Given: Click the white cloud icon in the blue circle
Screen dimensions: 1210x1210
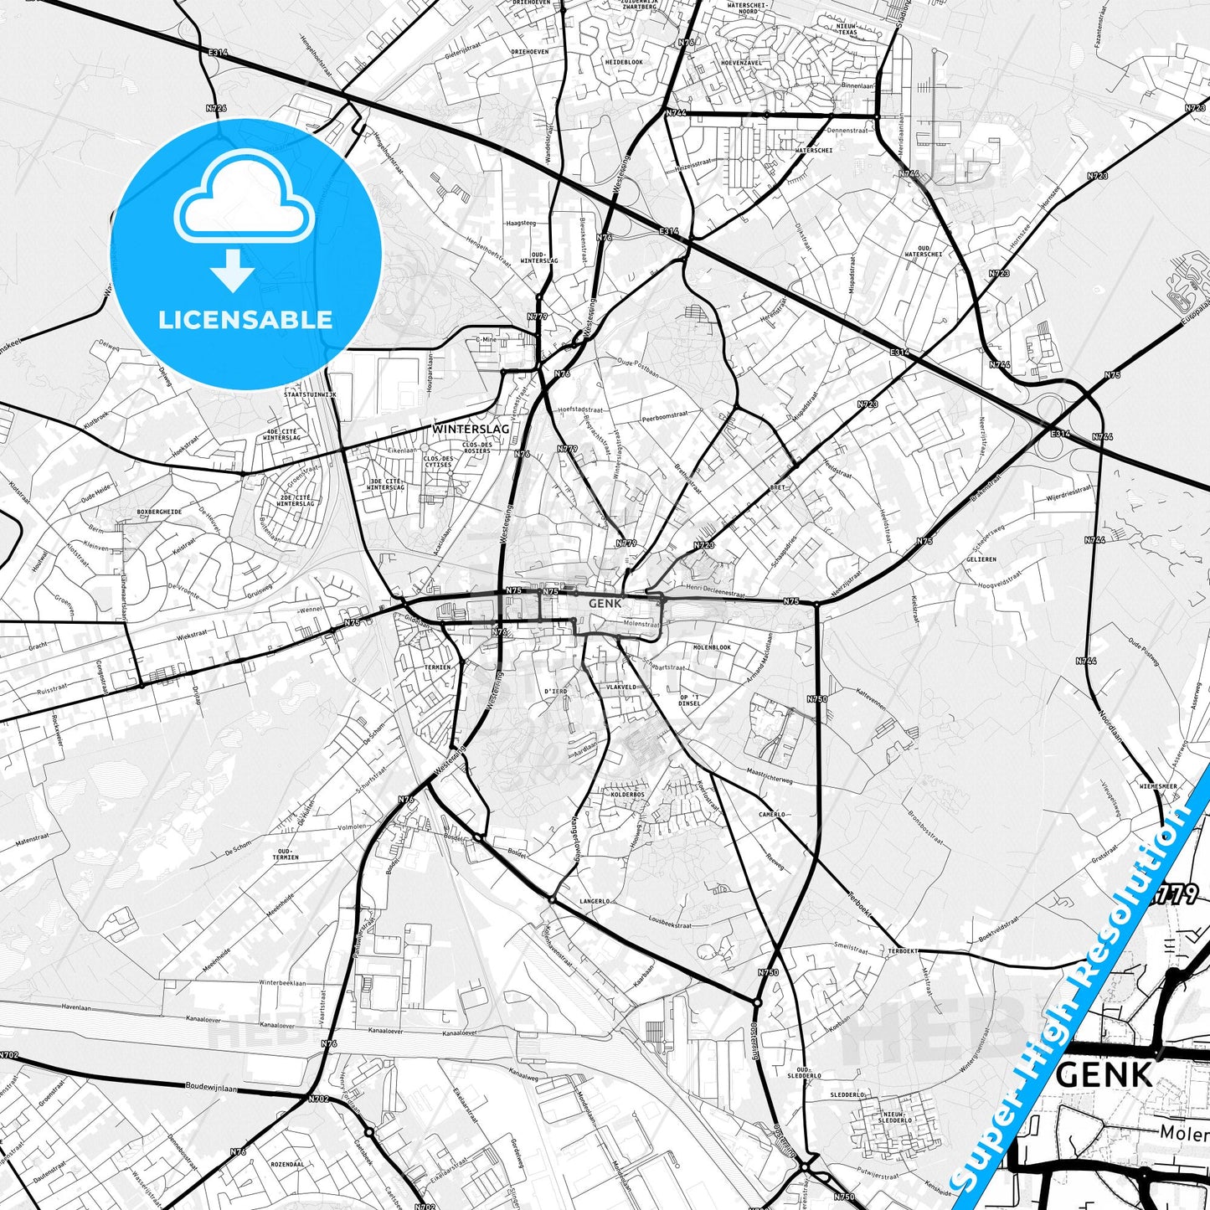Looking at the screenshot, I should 244,202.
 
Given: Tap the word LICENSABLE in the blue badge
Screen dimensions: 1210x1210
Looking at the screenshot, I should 245,320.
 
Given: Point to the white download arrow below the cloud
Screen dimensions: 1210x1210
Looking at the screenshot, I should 233,270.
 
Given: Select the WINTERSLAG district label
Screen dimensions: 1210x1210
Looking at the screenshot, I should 471,429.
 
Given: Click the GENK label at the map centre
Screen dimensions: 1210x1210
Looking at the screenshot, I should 605,603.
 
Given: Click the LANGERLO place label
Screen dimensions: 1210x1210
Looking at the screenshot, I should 595,902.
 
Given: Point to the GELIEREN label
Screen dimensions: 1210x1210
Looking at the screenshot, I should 981,559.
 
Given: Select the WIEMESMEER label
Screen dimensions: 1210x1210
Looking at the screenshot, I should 1158,787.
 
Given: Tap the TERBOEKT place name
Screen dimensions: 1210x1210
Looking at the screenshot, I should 904,951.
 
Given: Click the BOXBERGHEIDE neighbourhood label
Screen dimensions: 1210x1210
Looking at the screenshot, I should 159,512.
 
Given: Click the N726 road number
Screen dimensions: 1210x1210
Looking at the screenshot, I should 216,108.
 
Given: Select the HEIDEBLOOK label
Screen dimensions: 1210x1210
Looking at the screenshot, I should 624,62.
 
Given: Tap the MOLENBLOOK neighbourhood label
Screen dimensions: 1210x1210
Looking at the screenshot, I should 712,647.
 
